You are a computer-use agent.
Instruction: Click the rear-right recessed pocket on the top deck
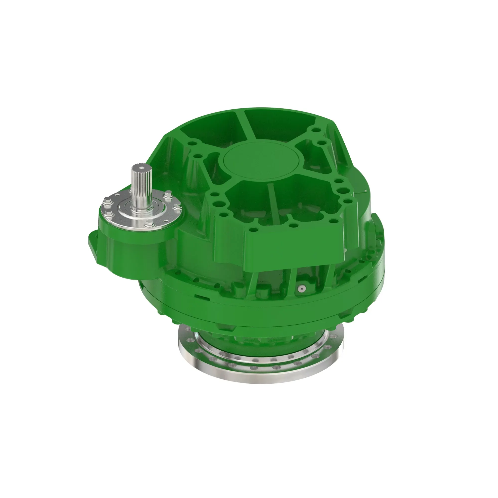pyautogui.click(x=281, y=124)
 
